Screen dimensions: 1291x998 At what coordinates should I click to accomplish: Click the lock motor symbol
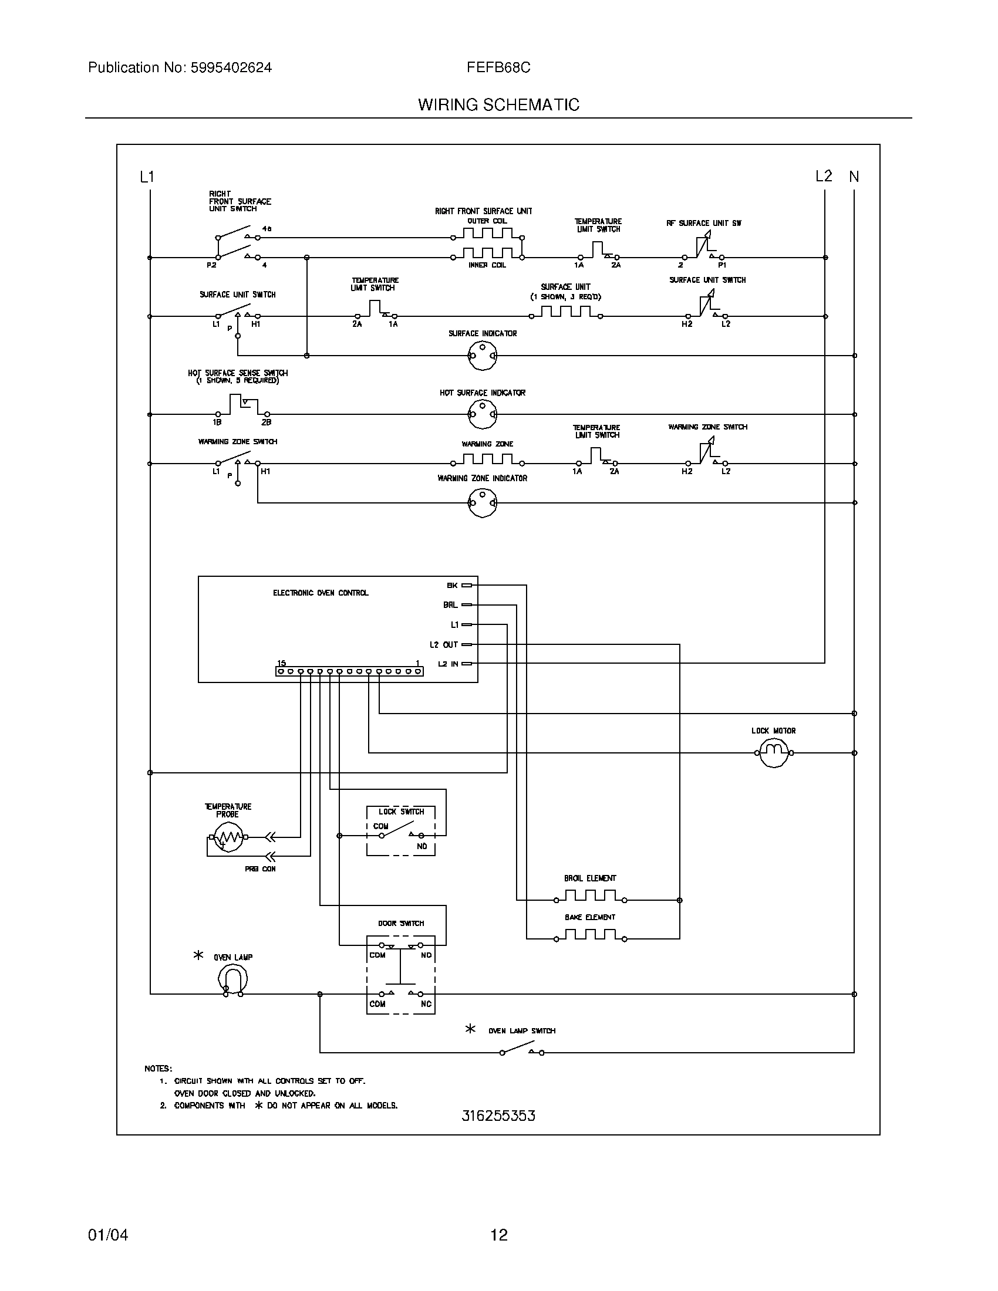point(773,752)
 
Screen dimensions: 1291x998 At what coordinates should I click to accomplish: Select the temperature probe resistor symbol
point(228,836)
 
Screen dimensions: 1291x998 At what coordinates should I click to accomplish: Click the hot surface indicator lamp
point(483,414)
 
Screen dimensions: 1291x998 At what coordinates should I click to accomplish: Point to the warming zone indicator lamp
point(483,502)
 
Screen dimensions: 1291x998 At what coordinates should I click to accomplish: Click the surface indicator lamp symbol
point(483,355)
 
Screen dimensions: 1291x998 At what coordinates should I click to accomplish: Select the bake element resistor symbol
point(590,936)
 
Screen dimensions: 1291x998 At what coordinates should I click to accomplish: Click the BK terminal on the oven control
point(467,585)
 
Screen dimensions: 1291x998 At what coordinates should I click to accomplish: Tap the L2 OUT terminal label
point(444,644)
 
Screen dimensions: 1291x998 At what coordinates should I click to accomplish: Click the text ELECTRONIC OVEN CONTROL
point(321,593)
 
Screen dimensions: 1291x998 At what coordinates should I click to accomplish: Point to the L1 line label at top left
point(147,177)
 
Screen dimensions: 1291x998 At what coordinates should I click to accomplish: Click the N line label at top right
point(854,177)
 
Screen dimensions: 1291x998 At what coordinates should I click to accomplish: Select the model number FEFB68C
point(498,68)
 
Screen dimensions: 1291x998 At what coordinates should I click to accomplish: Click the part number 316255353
point(498,1116)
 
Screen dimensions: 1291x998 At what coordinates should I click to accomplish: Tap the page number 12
point(499,1235)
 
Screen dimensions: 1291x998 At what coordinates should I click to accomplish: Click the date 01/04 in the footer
point(108,1235)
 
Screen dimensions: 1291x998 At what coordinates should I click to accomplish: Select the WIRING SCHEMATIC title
point(498,104)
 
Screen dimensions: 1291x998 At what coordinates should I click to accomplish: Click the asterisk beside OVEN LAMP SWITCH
point(470,1029)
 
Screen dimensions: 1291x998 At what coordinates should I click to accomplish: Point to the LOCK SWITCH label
point(402,812)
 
